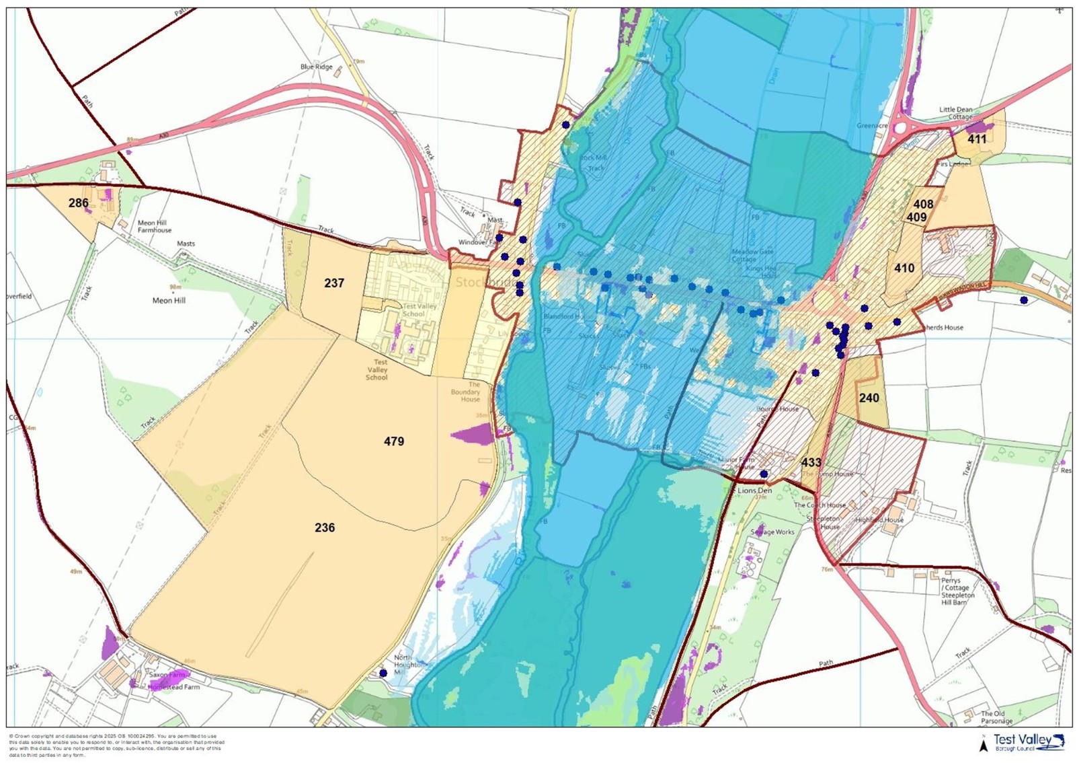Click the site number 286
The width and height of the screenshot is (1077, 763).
79,203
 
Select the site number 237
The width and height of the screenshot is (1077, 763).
334,283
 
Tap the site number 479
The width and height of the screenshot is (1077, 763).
394,441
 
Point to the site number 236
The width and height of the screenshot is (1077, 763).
325,528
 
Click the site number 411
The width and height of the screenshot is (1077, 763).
977,139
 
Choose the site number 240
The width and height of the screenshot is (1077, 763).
869,398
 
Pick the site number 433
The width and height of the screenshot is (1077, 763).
811,462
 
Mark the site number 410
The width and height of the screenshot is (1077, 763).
904,268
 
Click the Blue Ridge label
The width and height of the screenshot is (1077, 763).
316,67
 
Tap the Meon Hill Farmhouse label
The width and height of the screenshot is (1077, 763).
155,226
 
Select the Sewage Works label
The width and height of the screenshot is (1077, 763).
772,532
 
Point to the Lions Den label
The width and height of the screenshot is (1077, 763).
754,490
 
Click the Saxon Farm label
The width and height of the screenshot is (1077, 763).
167,674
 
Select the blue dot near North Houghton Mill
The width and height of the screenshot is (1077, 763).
383,672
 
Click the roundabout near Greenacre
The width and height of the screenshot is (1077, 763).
900,127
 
